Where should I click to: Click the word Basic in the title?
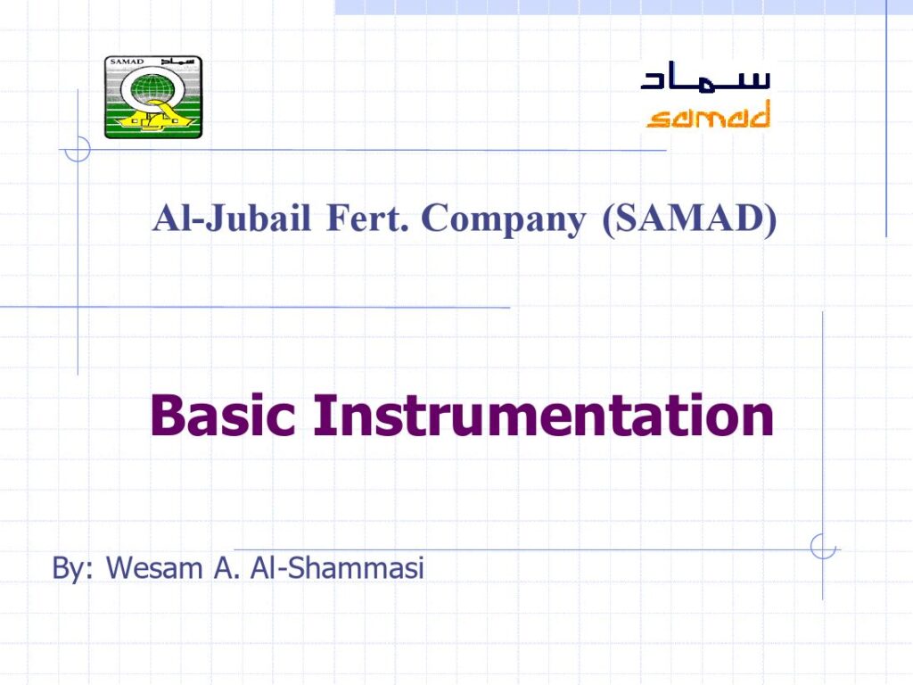[223, 415]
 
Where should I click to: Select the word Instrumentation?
[543, 415]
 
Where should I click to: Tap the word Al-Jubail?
[231, 219]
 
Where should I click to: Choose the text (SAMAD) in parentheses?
[689, 220]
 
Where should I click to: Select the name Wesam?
[154, 568]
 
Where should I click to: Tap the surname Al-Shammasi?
[337, 568]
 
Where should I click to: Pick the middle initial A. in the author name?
[226, 568]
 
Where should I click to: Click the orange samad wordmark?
[708, 114]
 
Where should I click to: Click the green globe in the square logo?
[152, 92]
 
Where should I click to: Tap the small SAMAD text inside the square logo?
[127, 62]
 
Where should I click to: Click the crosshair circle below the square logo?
[78, 149]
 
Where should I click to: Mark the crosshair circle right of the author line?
[823, 548]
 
